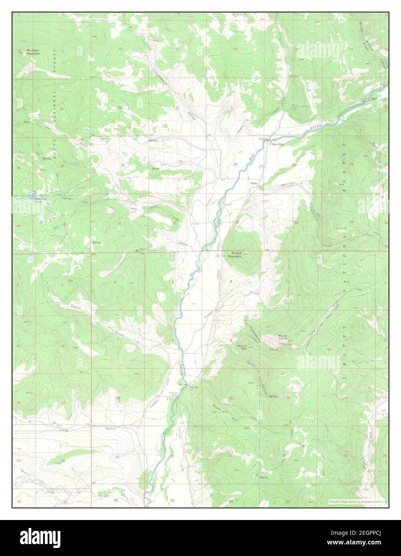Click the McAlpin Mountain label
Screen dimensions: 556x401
pyautogui.click(x=33, y=52)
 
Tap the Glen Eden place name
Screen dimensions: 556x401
pyautogui.click(x=278, y=145)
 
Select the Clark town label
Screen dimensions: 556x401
pyautogui.click(x=253, y=183)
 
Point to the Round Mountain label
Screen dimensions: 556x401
pyautogui.click(x=235, y=255)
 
